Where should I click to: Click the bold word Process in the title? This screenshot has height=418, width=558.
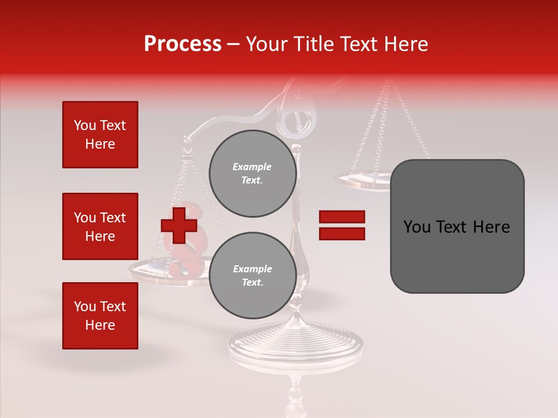click(183, 44)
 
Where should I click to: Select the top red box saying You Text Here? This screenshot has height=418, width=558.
click(100, 135)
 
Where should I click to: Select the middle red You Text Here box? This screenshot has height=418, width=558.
click(100, 226)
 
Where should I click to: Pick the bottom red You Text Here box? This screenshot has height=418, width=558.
click(100, 316)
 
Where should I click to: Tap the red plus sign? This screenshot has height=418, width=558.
click(178, 226)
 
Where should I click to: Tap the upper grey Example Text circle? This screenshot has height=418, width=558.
click(252, 174)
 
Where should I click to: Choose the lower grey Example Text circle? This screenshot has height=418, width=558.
click(252, 276)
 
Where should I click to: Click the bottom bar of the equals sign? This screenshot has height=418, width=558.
click(342, 233)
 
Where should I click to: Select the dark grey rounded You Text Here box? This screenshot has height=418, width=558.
click(457, 226)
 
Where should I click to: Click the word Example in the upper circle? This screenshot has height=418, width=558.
click(252, 167)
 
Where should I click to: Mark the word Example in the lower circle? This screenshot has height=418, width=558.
click(252, 269)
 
